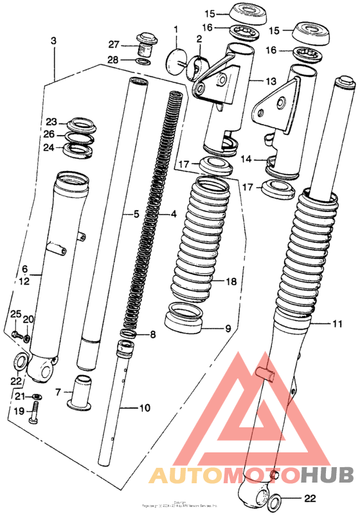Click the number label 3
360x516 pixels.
click(x=53, y=40)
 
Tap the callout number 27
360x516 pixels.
click(x=114, y=44)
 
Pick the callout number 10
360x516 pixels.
click(x=145, y=408)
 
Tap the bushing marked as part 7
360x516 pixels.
click(x=80, y=393)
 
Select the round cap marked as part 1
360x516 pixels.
click(x=174, y=62)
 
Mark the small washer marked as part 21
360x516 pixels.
click(x=38, y=396)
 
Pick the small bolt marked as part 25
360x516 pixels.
click(x=15, y=335)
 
